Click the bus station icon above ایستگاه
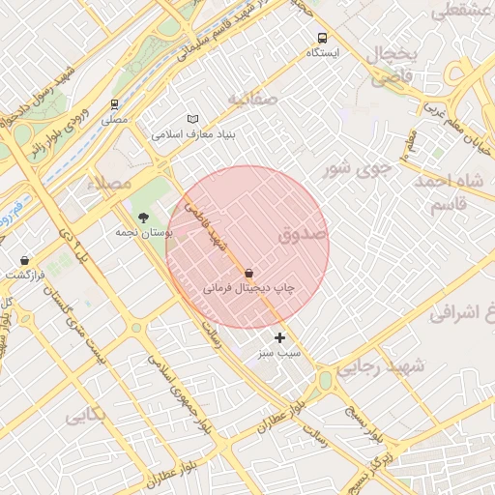[321, 38]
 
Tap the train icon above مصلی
[115, 104]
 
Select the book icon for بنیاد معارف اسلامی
[192, 119]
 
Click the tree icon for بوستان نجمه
[144, 218]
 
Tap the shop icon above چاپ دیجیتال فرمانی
[249, 274]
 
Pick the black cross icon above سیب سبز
[280, 337]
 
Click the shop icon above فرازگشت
[24, 260]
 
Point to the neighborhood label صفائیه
[252, 99]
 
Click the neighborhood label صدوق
[303, 235]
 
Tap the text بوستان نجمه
[137, 233]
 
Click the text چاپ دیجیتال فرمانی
[247, 288]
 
